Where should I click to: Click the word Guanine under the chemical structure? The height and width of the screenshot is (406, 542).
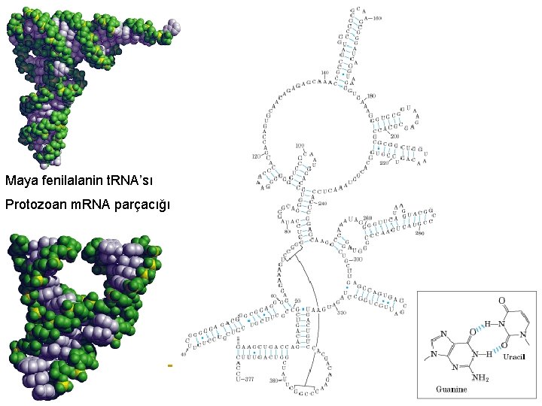point(452,389)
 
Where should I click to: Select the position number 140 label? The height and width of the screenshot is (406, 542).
point(324,73)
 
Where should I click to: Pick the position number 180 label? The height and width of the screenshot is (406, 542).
point(370,95)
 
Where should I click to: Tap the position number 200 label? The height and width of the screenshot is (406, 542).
point(395,135)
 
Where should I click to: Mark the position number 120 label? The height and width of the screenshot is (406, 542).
point(255,157)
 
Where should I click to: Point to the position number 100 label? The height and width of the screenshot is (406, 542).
point(300,145)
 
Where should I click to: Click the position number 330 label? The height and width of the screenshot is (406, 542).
point(342,312)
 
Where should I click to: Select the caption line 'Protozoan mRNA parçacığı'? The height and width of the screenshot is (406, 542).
point(88,205)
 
